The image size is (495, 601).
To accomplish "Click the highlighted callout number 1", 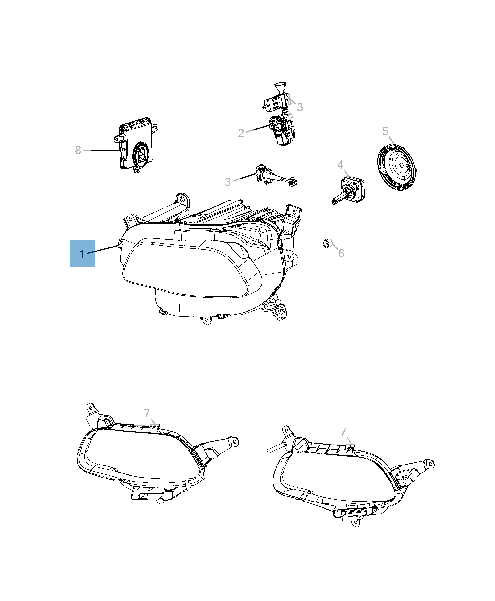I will [82, 253].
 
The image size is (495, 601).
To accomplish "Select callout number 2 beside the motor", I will [241, 133].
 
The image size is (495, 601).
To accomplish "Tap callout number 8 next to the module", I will [78, 150].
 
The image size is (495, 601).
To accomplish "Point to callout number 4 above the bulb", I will [340, 165].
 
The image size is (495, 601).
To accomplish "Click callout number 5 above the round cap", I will [385, 132].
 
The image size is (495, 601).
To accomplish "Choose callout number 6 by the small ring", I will [341, 253].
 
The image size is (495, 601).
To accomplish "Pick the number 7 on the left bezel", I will [147, 413].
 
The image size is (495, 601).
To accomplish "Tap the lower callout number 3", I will [227, 182].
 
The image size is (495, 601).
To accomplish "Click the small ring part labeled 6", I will [326, 244].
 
